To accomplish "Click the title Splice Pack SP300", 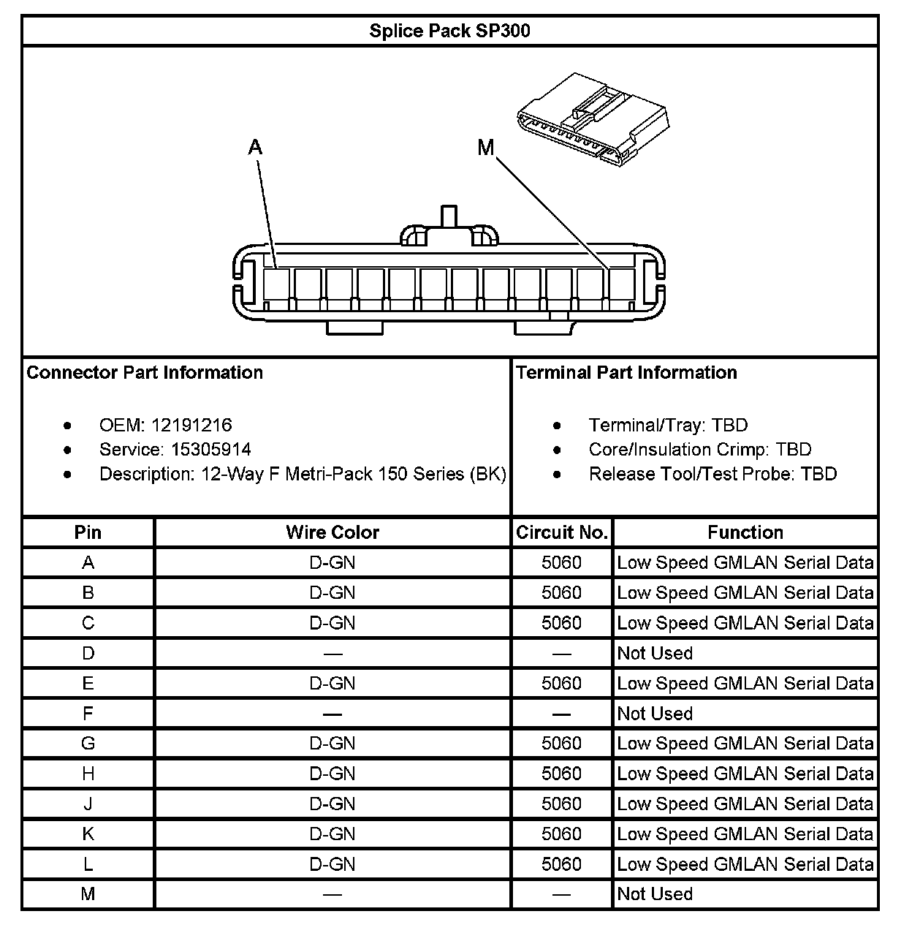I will coord(449,31).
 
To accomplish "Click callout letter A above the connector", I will coord(255,148).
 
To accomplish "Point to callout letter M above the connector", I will coord(486,148).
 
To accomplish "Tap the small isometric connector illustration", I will coord(592,118).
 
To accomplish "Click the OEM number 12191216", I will coord(191,425).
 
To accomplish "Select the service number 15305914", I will coord(211,449).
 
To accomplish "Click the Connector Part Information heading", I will coord(145,372).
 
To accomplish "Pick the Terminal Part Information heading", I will coord(626,372).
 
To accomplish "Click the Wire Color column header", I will coord(332,532).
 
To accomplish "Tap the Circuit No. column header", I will coord(561,532).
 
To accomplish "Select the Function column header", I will coord(745,532).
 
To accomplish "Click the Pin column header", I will coord(88,532).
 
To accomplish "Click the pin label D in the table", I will coord(88,653).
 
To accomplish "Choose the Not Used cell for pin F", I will coord(655,713).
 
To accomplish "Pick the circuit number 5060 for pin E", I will coord(561,683).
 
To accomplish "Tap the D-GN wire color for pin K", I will coord(332,834).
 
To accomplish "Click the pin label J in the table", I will coord(88,804).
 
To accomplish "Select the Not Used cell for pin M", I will coord(655,894).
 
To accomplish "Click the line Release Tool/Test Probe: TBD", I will coord(712,474).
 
